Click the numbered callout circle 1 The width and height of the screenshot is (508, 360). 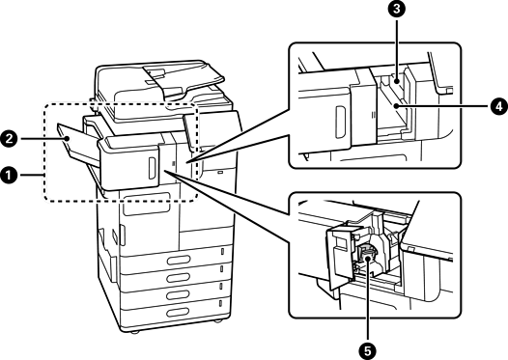[x=9, y=175]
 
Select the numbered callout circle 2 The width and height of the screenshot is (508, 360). [x=9, y=139]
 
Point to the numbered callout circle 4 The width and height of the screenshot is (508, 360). [x=499, y=106]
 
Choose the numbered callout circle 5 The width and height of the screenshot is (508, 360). [x=368, y=350]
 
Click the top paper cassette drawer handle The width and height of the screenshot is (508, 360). [x=179, y=260]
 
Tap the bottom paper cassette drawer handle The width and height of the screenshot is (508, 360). [x=179, y=312]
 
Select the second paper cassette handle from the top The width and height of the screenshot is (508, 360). [x=179, y=277]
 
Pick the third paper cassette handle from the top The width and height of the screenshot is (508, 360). [x=179, y=294]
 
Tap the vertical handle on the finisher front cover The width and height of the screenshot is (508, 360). [x=152, y=168]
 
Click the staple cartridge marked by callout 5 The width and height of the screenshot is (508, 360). [x=367, y=256]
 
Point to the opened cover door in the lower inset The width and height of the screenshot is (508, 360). [x=341, y=257]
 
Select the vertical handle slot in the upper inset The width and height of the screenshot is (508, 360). [x=341, y=123]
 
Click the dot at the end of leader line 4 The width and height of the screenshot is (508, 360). [x=396, y=106]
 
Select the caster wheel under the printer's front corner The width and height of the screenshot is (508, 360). [x=133, y=332]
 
